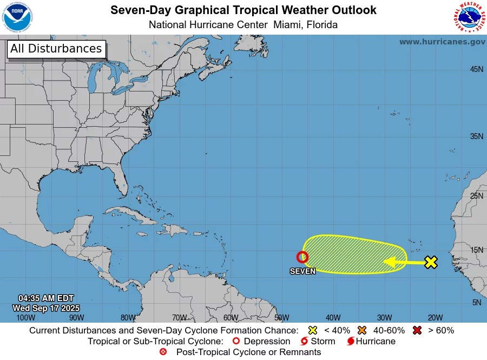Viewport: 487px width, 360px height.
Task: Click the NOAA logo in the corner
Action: coord(17,17)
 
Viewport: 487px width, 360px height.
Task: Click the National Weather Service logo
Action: coord(468,17)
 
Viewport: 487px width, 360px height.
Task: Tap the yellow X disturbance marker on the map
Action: coord(431,263)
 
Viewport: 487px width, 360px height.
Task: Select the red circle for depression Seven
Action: coord(302,257)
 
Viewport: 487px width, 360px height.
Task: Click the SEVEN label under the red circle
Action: coord(302,271)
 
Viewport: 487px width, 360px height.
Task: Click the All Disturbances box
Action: coord(56,49)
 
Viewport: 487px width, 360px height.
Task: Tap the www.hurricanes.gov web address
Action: coord(442,42)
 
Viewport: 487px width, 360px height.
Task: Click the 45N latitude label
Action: coord(476,69)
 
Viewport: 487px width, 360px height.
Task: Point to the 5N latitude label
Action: coord(477,303)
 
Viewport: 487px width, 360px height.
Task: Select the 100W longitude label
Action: coord(25,318)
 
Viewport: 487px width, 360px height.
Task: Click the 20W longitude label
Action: coord(435,318)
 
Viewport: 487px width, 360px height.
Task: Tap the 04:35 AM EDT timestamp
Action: coord(46,298)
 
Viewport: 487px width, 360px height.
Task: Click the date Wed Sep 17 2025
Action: coord(46,308)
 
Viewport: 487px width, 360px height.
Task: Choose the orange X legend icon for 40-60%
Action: coord(362,330)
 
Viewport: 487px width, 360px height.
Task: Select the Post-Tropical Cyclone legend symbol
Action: coord(163,352)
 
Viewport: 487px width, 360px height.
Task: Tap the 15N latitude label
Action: coord(476,250)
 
